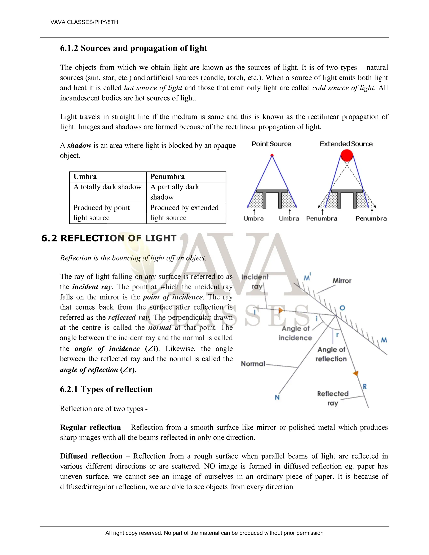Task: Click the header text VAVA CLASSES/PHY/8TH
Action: [x=84, y=22]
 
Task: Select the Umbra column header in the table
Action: [x=85, y=177]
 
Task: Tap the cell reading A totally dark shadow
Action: [x=107, y=187]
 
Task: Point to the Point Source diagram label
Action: [x=271, y=144]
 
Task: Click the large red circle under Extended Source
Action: [x=347, y=155]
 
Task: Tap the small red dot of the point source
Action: [x=272, y=155]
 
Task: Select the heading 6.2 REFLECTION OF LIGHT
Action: [x=109, y=238]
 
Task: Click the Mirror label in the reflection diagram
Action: [x=342, y=281]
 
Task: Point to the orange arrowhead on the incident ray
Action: [x=280, y=310]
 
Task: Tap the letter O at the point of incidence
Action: [x=342, y=308]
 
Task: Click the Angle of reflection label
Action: [x=331, y=354]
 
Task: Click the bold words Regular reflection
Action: [x=90, y=427]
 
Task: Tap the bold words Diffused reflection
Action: [x=91, y=456]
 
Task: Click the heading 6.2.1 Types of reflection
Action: [x=106, y=389]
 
